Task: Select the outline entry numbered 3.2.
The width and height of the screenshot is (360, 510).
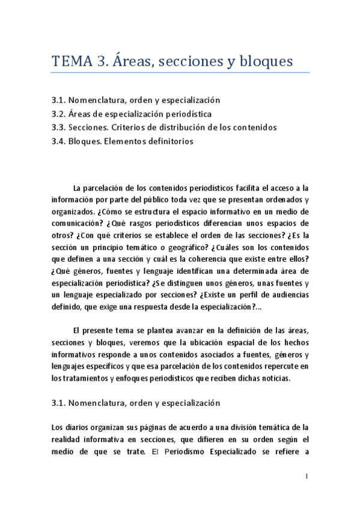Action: coord(132,114)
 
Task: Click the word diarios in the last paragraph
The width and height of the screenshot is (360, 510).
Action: coord(81,427)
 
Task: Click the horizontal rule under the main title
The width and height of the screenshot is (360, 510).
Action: coord(180,73)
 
